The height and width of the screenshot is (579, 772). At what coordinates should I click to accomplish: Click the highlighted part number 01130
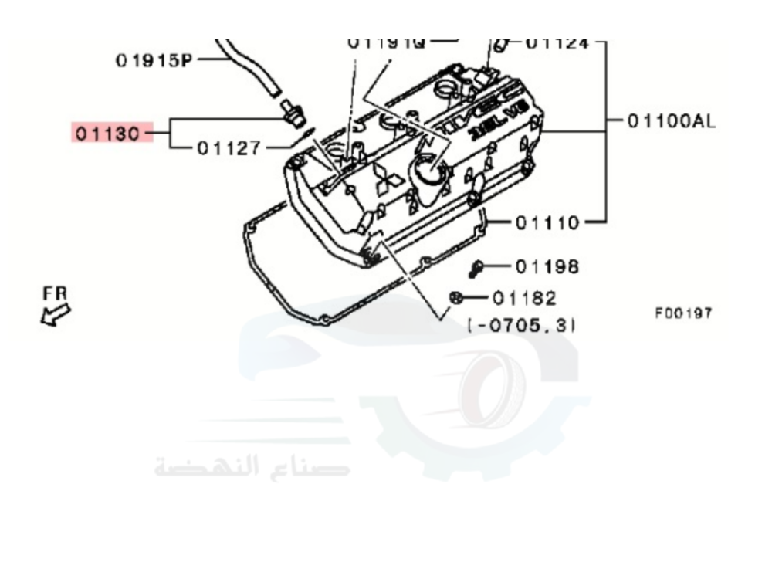click(x=107, y=133)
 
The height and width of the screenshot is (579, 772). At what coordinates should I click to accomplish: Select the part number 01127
click(x=229, y=147)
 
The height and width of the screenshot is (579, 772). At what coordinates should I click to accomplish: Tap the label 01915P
click(x=154, y=59)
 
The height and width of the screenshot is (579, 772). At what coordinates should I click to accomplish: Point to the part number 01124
click(x=557, y=42)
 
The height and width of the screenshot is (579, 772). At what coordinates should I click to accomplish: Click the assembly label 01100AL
click(x=671, y=120)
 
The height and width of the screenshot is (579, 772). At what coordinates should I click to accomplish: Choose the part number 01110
click(x=547, y=222)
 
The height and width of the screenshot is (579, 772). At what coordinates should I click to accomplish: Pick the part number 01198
click(x=547, y=267)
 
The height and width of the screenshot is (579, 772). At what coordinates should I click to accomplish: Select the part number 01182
click(x=523, y=297)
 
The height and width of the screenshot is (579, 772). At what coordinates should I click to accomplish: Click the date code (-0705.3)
click(x=522, y=325)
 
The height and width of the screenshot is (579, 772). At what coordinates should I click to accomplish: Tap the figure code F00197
click(x=683, y=313)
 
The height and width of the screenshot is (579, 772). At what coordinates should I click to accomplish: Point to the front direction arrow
click(x=56, y=313)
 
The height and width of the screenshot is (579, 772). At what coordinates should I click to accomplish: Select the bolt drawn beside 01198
click(x=476, y=268)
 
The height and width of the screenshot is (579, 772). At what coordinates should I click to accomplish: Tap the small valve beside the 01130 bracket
click(x=290, y=111)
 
